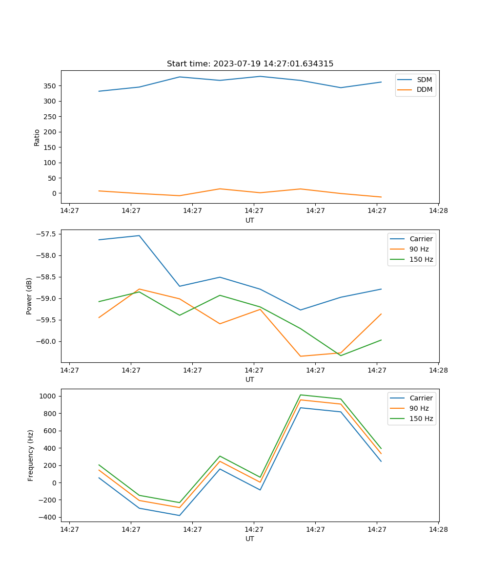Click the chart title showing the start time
pyautogui.click(x=250, y=64)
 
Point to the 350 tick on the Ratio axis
pyautogui.click(x=50, y=86)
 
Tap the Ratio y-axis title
pyautogui.click(x=37, y=137)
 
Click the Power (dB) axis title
pyautogui.click(x=29, y=296)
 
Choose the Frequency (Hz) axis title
pyautogui.click(x=30, y=455)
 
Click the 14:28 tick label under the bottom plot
pyautogui.click(x=438, y=529)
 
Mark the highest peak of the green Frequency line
pyautogui.click(x=301, y=395)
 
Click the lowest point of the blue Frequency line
pyautogui.click(x=180, y=515)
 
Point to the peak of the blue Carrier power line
pyautogui.click(x=139, y=235)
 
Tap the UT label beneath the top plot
pyautogui.click(x=250, y=220)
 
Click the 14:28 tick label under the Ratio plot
pyautogui.click(x=438, y=210)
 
